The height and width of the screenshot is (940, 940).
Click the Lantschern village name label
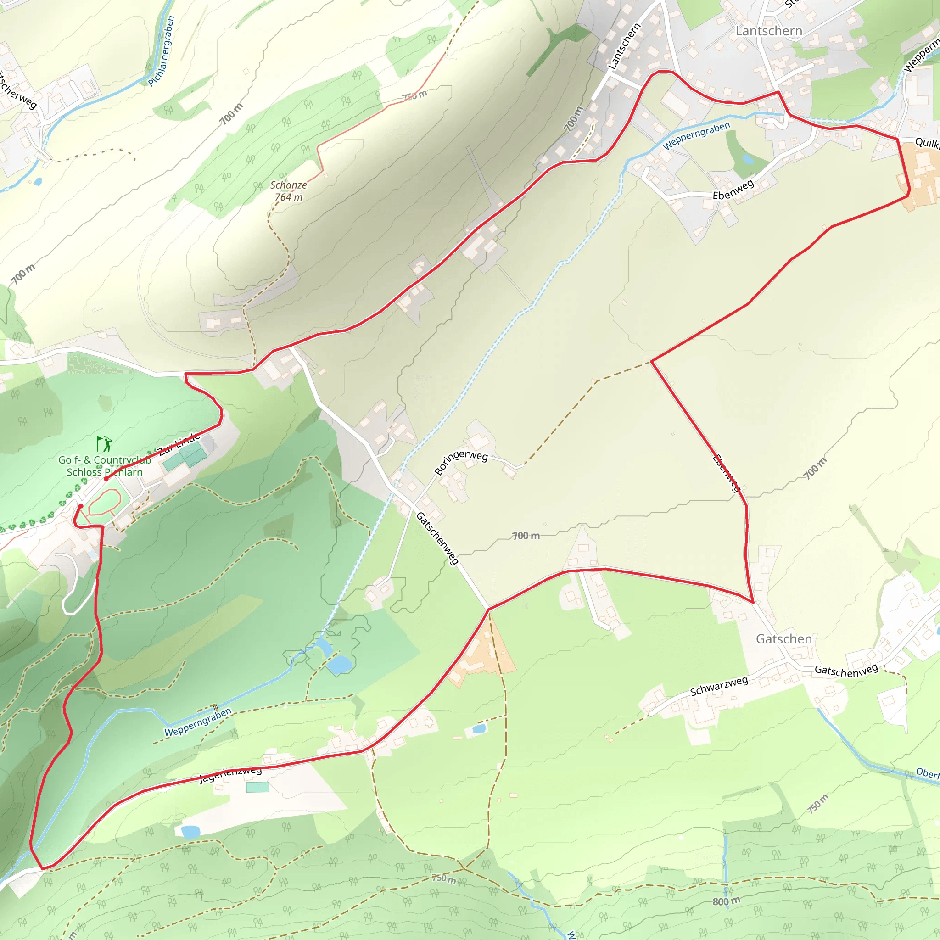pos(769,31)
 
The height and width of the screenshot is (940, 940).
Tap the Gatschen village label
pos(784,639)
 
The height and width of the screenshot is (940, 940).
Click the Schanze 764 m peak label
pos(289,191)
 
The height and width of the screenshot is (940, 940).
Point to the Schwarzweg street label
pos(719,686)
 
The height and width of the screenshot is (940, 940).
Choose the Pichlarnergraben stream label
pos(162,51)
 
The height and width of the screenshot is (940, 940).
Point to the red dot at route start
pos(106,479)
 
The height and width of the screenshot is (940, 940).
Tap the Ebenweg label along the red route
pos(727,473)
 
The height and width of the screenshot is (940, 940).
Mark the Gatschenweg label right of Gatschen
pos(846,671)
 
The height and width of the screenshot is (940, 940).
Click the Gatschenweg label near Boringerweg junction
pos(437,538)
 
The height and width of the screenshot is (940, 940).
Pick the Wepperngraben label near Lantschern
pos(696,136)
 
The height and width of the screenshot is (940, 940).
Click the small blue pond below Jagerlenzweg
pos(190,832)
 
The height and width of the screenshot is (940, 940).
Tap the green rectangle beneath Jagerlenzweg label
pos(257,787)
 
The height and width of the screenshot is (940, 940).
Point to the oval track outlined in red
pos(105,502)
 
